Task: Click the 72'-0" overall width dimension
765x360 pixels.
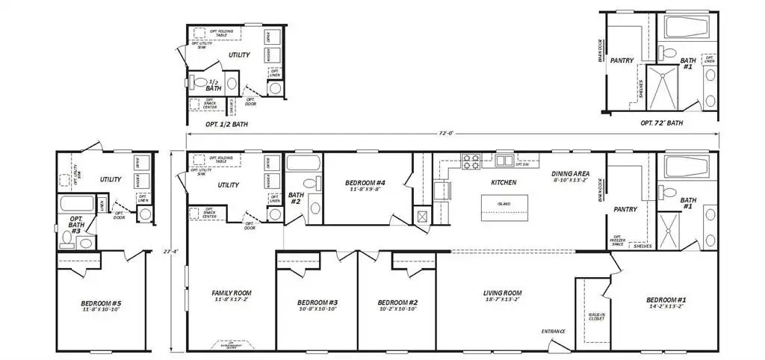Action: [445, 133]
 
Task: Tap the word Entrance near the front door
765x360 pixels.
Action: [554, 332]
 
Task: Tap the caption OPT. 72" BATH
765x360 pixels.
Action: [661, 122]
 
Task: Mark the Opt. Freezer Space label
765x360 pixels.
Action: [618, 240]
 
